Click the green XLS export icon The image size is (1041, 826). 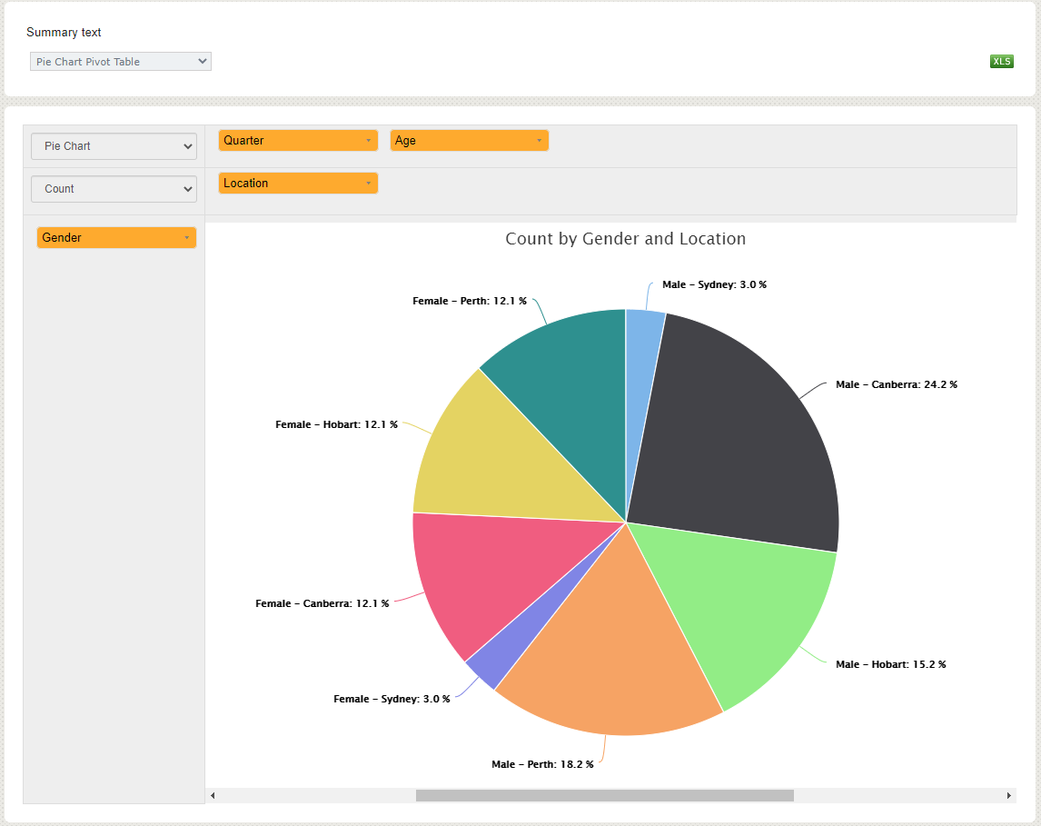pyautogui.click(x=1001, y=62)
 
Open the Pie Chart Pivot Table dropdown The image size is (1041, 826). pyautogui.click(x=120, y=62)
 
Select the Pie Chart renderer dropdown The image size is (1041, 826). pyautogui.click(x=114, y=146)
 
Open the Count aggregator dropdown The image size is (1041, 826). pyautogui.click(x=114, y=189)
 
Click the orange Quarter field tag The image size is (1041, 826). pyautogui.click(x=297, y=141)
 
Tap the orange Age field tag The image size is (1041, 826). pyautogui.click(x=469, y=141)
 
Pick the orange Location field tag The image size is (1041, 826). pyautogui.click(x=297, y=184)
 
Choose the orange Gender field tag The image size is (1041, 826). pyautogui.click(x=115, y=238)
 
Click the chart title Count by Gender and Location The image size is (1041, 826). pyautogui.click(x=625, y=239)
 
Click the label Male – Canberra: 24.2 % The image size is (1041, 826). pyautogui.click(x=896, y=385)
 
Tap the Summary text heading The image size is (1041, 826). pyautogui.click(x=64, y=33)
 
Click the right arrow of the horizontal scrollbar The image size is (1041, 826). pyautogui.click(x=1008, y=796)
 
